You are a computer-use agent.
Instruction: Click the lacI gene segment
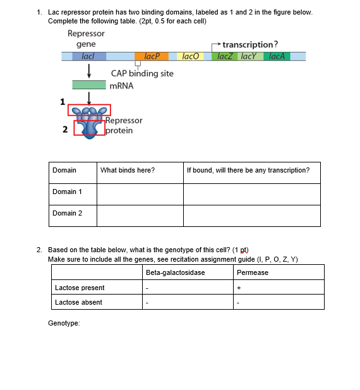click(88, 56)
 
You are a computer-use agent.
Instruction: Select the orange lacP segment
click(151, 56)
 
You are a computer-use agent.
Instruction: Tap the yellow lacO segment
click(190, 56)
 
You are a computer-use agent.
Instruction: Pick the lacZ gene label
click(225, 56)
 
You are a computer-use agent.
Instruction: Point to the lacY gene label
click(250, 56)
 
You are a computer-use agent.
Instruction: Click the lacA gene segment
click(277, 56)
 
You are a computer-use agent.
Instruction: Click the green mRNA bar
click(88, 85)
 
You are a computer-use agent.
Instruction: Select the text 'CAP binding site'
click(142, 73)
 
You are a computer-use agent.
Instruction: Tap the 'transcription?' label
click(250, 44)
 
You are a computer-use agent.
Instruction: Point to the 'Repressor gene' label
click(86, 39)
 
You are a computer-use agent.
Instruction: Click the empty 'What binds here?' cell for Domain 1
click(140, 194)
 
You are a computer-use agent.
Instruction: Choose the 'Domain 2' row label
click(68, 213)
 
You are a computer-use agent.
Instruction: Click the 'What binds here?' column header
click(128, 170)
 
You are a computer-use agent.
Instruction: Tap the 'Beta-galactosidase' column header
click(175, 272)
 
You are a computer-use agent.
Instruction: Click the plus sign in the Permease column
click(239, 288)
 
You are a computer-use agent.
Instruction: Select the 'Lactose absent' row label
click(78, 302)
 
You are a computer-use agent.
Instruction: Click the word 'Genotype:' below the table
click(64, 323)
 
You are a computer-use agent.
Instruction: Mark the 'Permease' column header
click(253, 272)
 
